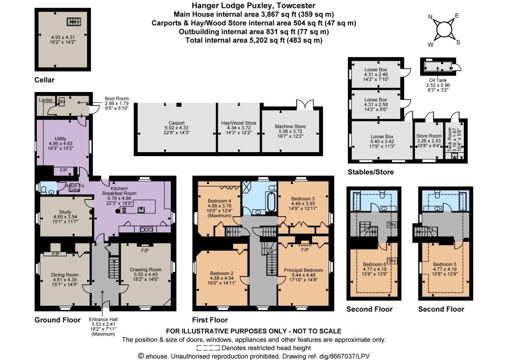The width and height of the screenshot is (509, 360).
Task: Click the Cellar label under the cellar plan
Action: [44, 80]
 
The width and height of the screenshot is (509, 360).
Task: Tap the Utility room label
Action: [60, 139]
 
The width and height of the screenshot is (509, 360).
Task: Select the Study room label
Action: [65, 212]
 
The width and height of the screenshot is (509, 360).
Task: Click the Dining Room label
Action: [65, 274]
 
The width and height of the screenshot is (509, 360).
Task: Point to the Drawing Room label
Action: [146, 270]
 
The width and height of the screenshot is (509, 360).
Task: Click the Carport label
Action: [176, 123]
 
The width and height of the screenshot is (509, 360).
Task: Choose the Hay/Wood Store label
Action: [239, 123]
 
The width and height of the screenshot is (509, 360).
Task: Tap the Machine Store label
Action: [290, 126]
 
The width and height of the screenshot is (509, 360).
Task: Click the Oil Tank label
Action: [438, 80]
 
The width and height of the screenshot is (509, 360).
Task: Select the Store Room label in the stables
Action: [429, 136]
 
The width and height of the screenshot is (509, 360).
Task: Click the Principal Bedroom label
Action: [304, 270]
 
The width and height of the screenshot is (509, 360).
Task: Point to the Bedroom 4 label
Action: [219, 201]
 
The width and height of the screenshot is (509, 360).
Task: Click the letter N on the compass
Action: [430, 17]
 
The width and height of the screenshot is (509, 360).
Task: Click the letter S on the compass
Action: [458, 42]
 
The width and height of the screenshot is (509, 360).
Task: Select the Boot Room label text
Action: [116, 98]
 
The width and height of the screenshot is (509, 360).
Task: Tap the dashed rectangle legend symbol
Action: [208, 348]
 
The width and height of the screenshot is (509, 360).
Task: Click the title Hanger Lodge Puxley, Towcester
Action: [254, 5]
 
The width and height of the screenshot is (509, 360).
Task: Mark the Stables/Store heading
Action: [371, 172]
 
